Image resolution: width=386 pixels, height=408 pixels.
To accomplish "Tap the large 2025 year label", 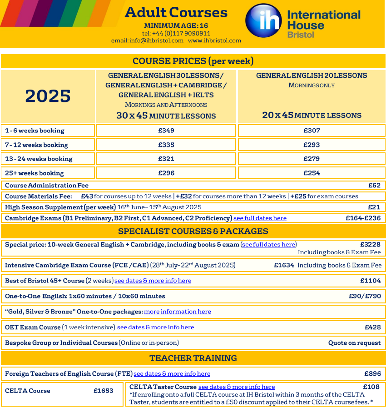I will point(48,96).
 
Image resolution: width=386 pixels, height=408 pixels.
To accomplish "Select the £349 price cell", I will point(166,131).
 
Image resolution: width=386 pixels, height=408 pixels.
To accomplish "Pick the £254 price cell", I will point(312,173).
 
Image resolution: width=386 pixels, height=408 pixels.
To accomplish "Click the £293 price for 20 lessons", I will point(312,145).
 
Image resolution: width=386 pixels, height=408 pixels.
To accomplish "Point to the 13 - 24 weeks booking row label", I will point(39,159).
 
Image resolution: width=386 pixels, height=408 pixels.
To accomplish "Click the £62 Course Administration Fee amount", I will point(374,185).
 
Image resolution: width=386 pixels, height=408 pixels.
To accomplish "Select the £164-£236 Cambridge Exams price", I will point(363,218).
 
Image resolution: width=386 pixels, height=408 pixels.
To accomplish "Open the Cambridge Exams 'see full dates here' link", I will point(260,218).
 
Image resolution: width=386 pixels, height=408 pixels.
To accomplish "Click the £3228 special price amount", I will point(370,244).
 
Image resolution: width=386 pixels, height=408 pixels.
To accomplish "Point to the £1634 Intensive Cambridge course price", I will point(284,265).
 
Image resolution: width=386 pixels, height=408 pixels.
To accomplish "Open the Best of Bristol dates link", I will point(153,281).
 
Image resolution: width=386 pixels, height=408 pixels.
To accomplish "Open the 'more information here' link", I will point(178,312).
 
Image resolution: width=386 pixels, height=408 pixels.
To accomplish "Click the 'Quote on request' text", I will point(354,343).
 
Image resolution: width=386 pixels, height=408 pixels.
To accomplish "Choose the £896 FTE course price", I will point(372,373).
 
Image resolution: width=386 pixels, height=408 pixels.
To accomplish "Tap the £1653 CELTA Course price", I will point(104,391).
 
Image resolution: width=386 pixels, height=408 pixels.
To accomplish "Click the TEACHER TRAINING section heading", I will point(193,358).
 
